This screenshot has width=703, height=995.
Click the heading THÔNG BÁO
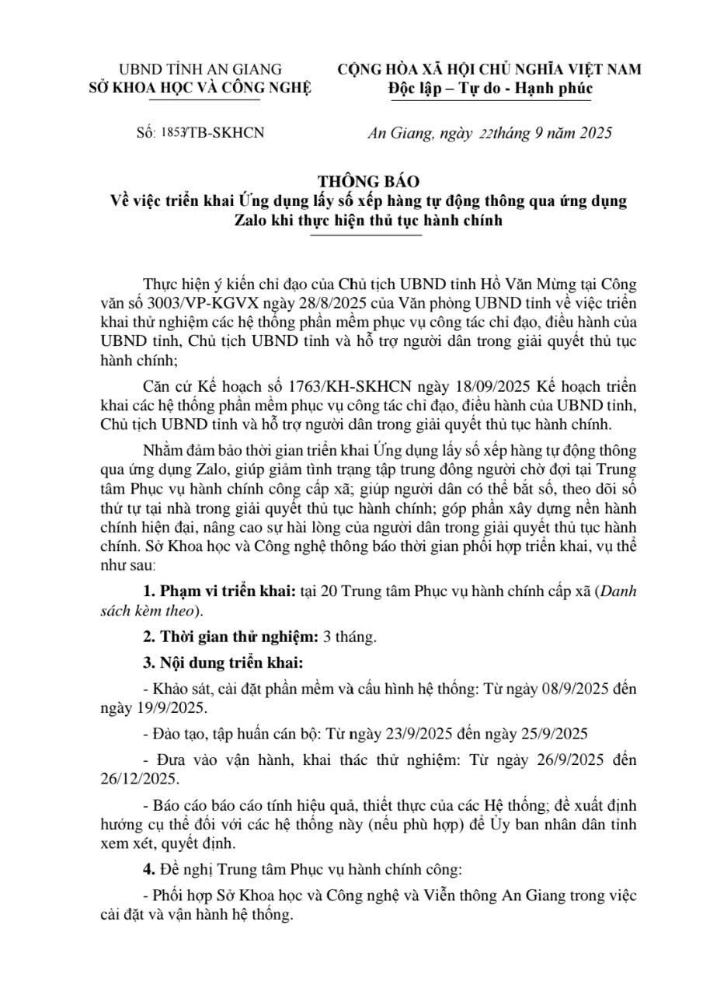coord(368,182)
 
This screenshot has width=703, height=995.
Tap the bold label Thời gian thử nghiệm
coord(230,637)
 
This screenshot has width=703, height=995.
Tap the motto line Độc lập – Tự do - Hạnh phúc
coord(490,88)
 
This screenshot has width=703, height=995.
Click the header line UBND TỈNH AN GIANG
coord(200,69)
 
